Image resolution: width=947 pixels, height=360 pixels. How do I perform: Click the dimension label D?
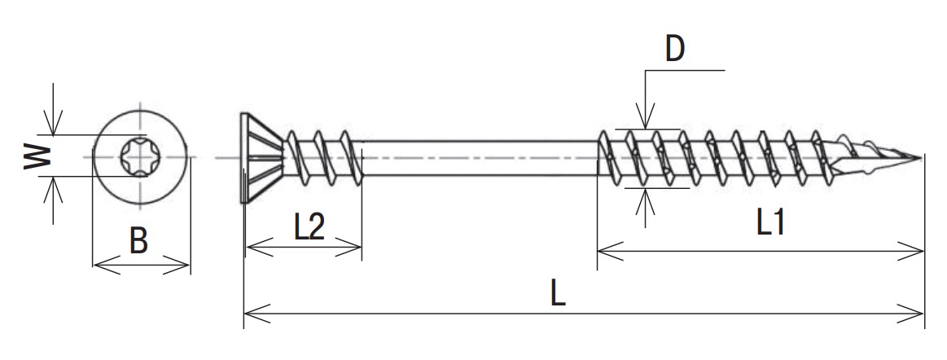[x=674, y=50]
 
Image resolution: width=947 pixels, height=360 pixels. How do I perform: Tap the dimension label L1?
[x=770, y=223]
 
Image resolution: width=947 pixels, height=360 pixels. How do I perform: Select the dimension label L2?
[x=309, y=228]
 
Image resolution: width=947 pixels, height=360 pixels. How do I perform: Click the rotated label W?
[x=37, y=156]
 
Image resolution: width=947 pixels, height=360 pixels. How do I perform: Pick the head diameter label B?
[x=139, y=241]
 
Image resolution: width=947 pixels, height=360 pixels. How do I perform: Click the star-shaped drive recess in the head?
[x=140, y=157]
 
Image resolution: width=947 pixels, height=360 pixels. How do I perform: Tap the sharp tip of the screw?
[x=921, y=158]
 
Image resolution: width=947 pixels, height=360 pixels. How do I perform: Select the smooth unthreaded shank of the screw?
[x=480, y=158]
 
